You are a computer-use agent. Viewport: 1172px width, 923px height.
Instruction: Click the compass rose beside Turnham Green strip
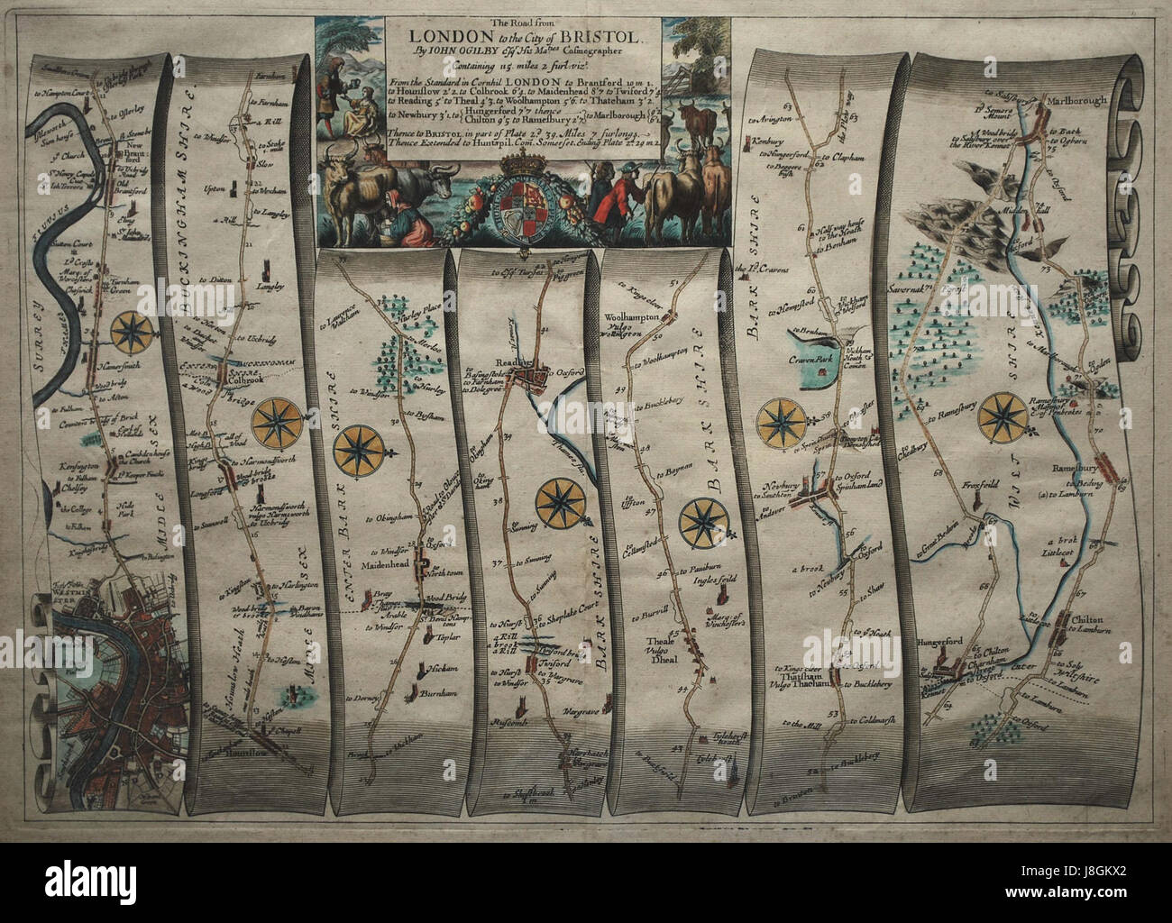point(134,331)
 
